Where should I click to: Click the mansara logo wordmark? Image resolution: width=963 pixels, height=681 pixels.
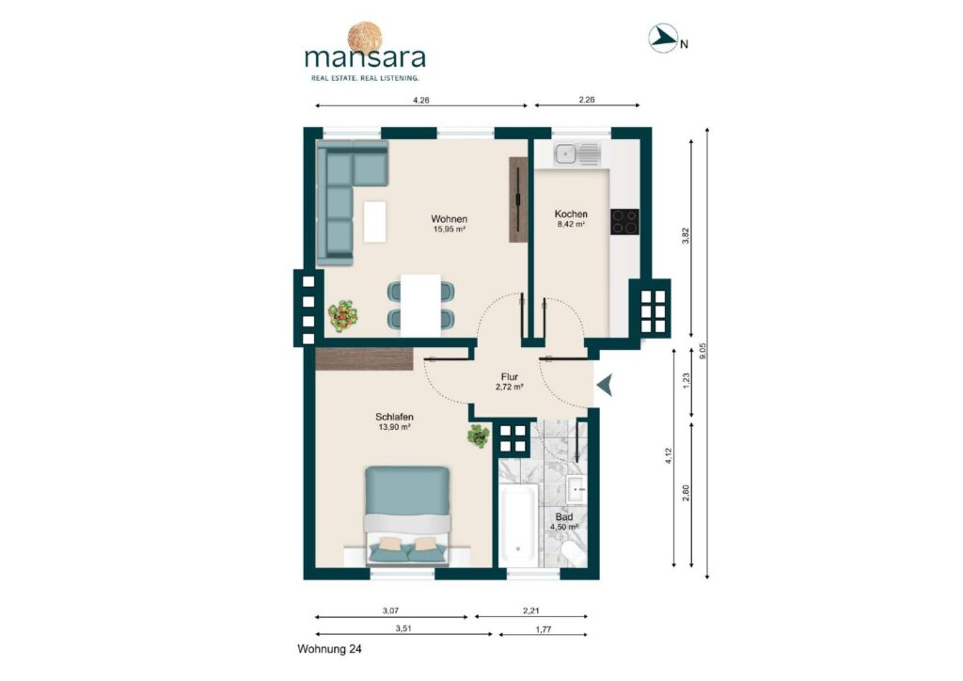click(365, 57)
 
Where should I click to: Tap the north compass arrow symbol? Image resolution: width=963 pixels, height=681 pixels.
click(663, 38)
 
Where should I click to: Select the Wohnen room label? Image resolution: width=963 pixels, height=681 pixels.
click(449, 224)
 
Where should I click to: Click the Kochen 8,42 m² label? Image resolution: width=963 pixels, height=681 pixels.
click(571, 218)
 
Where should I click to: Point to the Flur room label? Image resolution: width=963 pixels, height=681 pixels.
click(509, 381)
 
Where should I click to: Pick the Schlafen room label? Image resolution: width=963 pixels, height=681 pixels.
click(394, 422)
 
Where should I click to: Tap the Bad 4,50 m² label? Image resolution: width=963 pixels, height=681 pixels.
click(564, 522)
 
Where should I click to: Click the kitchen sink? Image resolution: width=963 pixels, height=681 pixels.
click(576, 154)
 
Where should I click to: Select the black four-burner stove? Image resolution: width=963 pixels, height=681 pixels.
click(624, 222)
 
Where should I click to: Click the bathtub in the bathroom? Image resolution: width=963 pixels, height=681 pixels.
click(519, 525)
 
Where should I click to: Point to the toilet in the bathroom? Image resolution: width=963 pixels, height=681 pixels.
click(575, 553)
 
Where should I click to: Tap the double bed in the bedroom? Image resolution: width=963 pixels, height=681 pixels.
click(408, 515)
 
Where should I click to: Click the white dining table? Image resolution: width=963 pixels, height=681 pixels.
click(420, 305)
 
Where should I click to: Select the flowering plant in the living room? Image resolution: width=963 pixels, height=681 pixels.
click(342, 314)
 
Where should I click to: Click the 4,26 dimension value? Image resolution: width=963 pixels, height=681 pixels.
click(420, 100)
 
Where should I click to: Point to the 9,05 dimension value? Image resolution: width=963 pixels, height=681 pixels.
click(703, 351)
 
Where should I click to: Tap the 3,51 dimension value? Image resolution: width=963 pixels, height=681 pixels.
click(403, 628)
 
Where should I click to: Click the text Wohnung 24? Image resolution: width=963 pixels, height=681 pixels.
click(329, 648)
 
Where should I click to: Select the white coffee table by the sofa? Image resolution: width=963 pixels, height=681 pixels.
click(374, 221)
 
